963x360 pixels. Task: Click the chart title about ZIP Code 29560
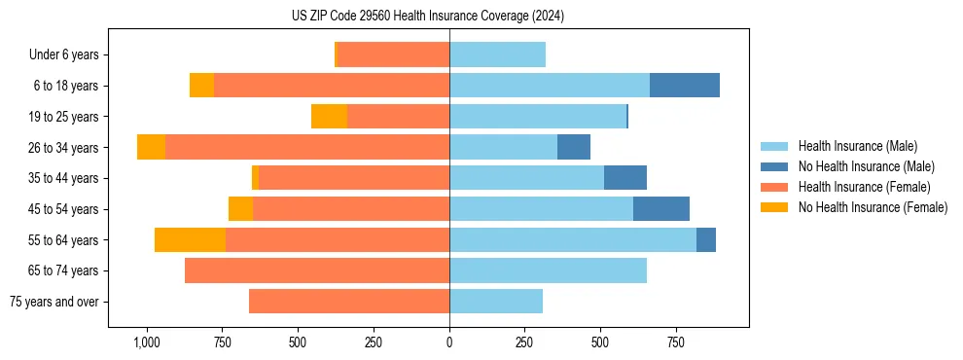428,16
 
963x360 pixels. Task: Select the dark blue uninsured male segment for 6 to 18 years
685,86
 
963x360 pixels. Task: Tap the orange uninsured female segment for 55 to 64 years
190,239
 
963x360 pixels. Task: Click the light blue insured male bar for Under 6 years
497,54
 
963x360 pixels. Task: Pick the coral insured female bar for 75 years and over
349,302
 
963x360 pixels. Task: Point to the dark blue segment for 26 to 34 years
574,147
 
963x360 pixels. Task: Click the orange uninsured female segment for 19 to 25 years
329,117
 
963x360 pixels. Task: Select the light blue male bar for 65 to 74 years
548,270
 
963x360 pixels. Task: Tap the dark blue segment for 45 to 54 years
661,209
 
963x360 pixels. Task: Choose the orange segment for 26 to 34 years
151,147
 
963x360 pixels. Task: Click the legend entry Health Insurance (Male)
857,146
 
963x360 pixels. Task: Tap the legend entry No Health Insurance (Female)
873,207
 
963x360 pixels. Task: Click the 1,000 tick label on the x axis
146,342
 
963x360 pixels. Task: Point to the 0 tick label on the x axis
449,342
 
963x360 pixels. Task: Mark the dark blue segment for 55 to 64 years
706,239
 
